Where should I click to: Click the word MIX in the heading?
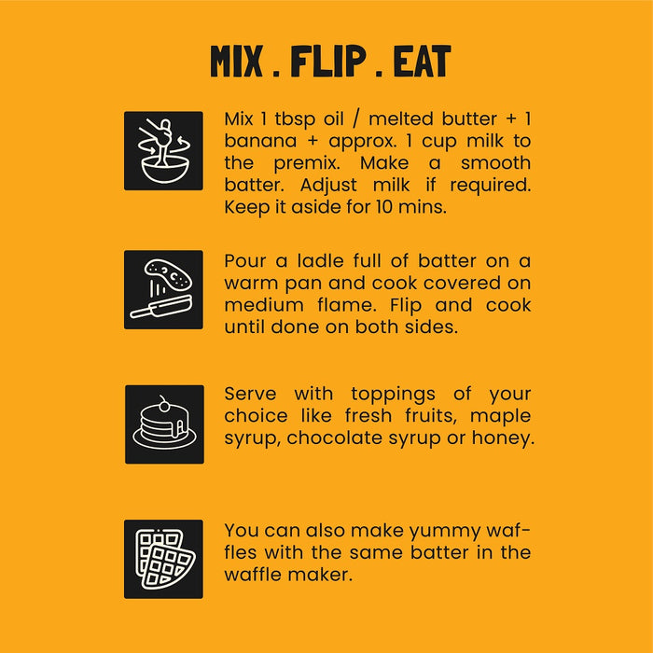(x=236, y=62)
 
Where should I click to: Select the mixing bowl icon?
(x=163, y=151)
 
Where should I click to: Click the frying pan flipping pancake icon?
(x=163, y=289)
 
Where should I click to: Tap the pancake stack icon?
(x=164, y=424)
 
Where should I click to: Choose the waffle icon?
(x=163, y=559)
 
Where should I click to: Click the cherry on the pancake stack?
(x=164, y=406)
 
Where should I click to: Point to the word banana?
(x=260, y=141)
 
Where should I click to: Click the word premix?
(x=307, y=163)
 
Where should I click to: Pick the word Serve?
(x=250, y=394)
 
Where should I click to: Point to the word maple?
(x=500, y=417)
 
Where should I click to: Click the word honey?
(x=503, y=439)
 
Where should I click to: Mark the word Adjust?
(x=328, y=186)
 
